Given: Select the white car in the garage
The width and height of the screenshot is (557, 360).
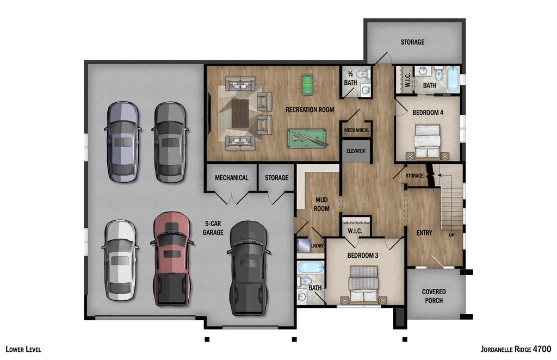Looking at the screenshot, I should (x=120, y=260).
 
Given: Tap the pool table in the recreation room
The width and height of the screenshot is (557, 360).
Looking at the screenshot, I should (x=307, y=138).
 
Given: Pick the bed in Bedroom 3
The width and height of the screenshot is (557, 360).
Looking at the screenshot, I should (x=363, y=284).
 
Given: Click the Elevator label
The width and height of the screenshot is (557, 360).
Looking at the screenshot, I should (x=356, y=151).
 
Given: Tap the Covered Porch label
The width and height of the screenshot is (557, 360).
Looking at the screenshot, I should (x=434, y=296).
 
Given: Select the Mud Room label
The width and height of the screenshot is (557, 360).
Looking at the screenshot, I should (x=322, y=204).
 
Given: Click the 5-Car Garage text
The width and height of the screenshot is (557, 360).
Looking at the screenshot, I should (x=214, y=228).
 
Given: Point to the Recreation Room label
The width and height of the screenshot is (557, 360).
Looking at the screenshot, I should (x=310, y=110).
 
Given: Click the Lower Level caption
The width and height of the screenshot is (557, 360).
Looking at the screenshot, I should (x=23, y=349).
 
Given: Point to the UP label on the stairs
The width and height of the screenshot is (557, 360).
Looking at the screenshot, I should (x=451, y=235).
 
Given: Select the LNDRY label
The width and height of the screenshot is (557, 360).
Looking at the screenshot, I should (x=317, y=246).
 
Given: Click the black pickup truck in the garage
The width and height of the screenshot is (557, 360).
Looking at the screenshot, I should (x=248, y=268).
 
